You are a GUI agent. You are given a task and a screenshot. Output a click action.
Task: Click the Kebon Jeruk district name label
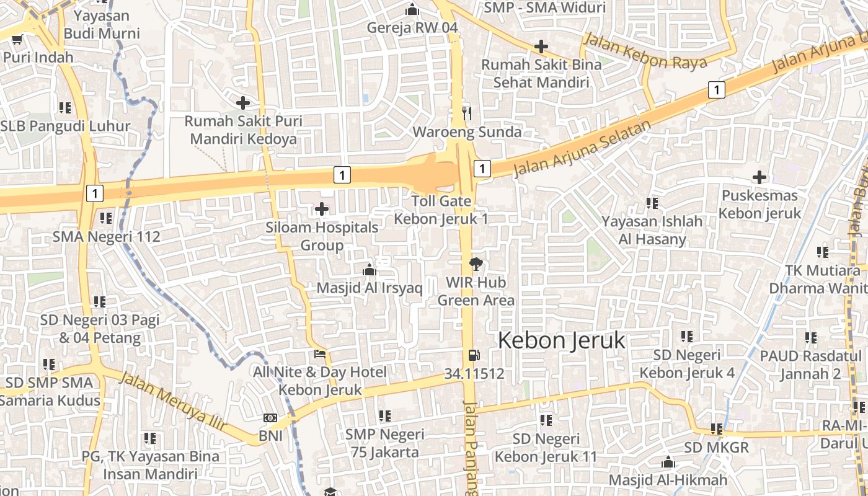coord(562,340)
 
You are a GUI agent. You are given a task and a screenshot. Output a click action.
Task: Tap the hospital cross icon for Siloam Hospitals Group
coord(322,209)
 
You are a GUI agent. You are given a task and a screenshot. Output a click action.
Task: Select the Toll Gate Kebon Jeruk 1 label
coord(441,210)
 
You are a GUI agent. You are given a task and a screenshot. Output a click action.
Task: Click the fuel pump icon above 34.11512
coord(474,355)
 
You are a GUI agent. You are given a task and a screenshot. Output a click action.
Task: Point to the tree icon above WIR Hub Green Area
coord(476,264)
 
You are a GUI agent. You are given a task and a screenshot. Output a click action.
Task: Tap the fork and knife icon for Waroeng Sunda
coord(467,113)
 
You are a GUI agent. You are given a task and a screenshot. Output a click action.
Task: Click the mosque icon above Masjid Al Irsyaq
coord(370,270)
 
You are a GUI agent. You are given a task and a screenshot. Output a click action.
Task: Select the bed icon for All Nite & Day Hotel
coord(320,355)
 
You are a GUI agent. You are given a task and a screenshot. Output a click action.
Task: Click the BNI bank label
coord(270,436)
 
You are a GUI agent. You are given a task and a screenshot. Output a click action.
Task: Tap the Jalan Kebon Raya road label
coord(645,52)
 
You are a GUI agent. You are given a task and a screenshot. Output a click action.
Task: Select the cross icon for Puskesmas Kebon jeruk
coord(759,177)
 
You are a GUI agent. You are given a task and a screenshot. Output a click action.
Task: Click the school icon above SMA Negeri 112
coord(106,218)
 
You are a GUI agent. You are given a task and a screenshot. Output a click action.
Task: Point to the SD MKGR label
coord(716,447)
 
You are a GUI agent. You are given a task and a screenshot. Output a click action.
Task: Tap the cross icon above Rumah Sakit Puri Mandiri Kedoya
coord(243,102)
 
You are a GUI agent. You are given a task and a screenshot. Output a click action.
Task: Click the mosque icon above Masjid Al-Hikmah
coord(668,462)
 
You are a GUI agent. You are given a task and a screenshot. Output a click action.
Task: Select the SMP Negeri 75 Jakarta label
coord(384,443)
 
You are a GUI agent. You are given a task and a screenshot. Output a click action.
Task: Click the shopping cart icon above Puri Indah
coord(16,39)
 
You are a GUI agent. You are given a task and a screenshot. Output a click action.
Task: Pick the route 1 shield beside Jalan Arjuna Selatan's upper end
coord(717,91)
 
